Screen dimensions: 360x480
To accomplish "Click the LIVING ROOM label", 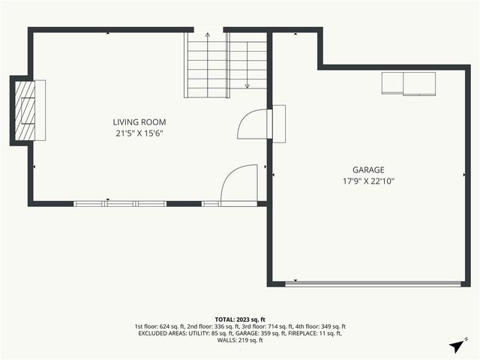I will coord(139,122).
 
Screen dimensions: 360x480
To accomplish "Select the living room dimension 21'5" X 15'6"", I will coord(139,133).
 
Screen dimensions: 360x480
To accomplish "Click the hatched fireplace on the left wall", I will coord(26,110).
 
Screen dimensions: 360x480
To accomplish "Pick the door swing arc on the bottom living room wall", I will coord(238,185).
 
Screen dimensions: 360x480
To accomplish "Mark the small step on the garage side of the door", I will coord(279,124).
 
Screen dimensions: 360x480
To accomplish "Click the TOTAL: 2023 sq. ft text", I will coord(240,319).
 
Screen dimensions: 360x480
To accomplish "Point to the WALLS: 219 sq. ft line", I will coord(240,340).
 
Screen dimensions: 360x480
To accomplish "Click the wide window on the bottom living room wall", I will coord(120,202).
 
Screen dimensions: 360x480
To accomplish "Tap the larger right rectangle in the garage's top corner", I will coord(419,84).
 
